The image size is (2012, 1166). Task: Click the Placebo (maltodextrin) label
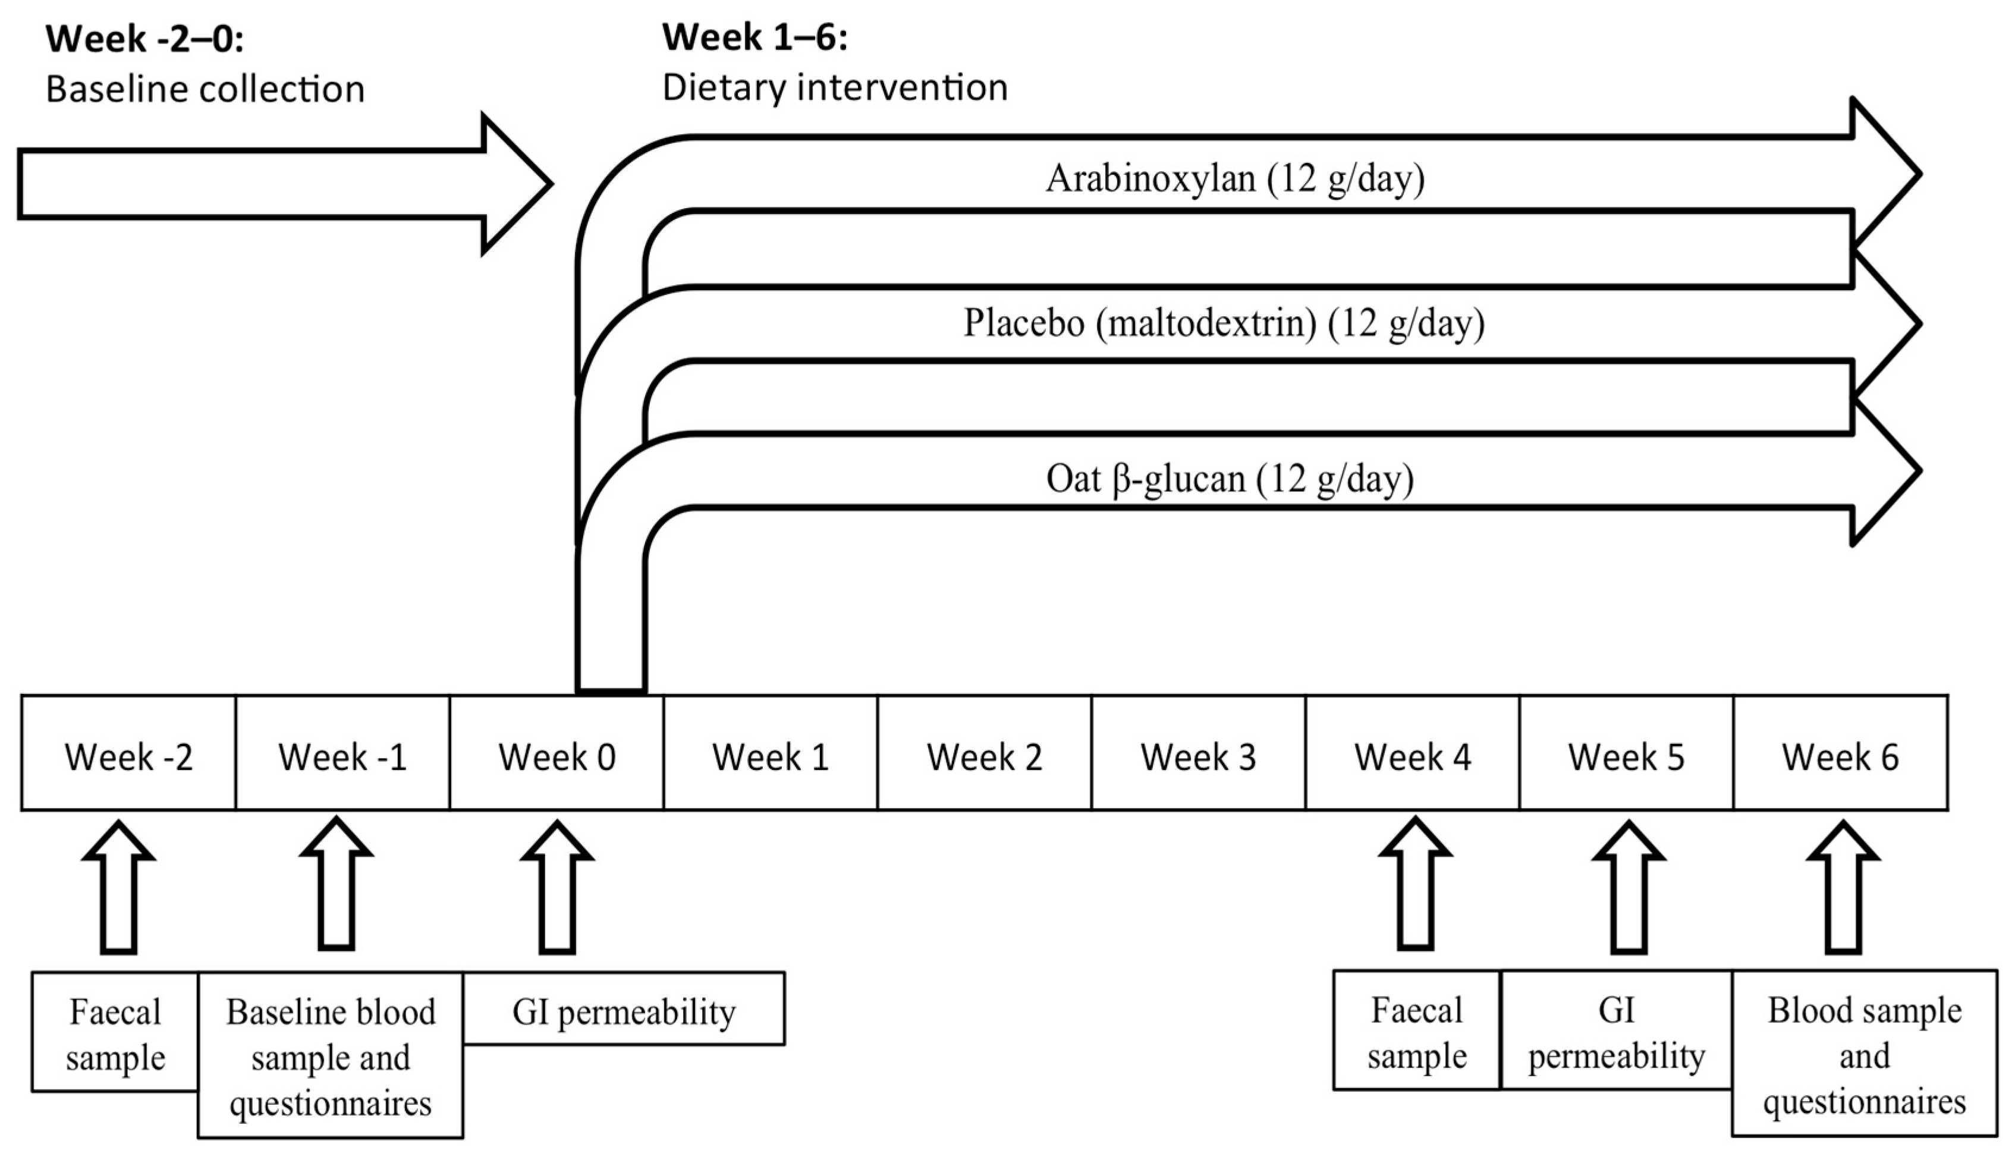[x=1223, y=323]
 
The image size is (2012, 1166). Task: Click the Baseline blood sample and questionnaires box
[x=331, y=1056]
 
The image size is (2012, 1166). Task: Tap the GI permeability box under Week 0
[x=624, y=1010]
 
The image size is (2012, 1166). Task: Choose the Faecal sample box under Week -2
[x=115, y=1033]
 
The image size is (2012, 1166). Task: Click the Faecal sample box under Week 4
[x=1416, y=1032]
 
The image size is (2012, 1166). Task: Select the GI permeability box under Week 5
[x=1616, y=1032]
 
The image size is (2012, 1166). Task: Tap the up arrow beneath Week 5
[x=1629, y=887]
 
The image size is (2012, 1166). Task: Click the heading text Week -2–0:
[x=144, y=38]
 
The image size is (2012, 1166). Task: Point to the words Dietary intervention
[x=834, y=87]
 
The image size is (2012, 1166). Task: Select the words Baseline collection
[x=205, y=89]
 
